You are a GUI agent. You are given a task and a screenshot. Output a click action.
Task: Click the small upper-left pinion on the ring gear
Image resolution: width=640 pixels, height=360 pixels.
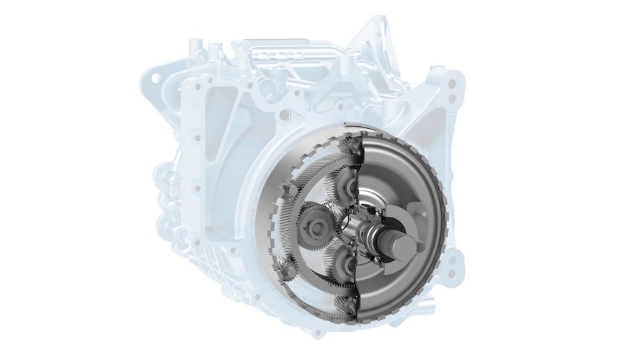point(289,188)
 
